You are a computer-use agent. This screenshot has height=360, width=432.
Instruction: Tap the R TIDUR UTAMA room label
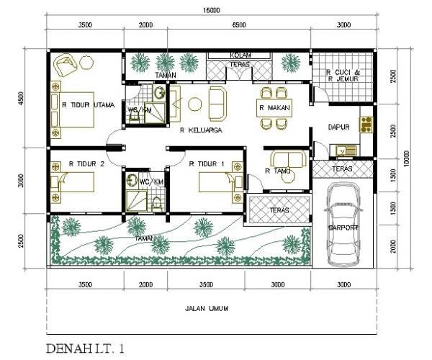(x=89, y=105)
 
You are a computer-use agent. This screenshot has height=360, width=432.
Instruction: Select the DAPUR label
(x=338, y=127)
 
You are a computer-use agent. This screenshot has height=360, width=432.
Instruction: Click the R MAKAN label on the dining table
(x=274, y=109)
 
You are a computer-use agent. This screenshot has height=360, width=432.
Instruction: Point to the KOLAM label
(x=240, y=55)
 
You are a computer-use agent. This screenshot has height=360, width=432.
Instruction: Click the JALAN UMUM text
(x=206, y=308)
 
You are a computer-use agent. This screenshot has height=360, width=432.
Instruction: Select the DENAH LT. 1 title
(x=90, y=349)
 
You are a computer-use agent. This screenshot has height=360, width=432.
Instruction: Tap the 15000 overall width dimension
(x=211, y=10)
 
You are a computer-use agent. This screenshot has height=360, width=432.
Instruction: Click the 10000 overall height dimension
(x=406, y=157)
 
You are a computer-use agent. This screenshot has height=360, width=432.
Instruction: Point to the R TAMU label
(x=277, y=171)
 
